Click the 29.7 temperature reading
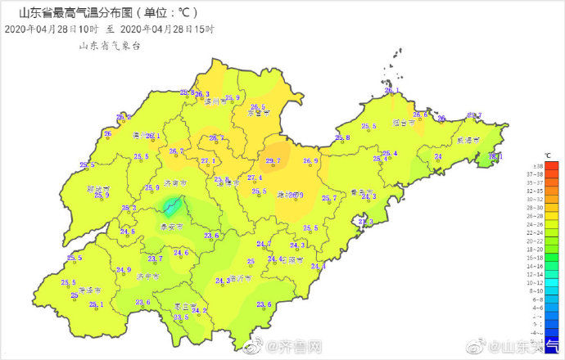[x=273, y=161]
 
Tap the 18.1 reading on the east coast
[x=495, y=155]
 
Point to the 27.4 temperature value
[x=254, y=178]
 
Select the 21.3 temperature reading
[x=364, y=222]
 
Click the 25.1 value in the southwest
[x=97, y=304]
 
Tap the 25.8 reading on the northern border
[x=187, y=92]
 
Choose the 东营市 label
[x=259, y=115]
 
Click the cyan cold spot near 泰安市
[x=171, y=205]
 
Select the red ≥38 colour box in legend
[x=553, y=166]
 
